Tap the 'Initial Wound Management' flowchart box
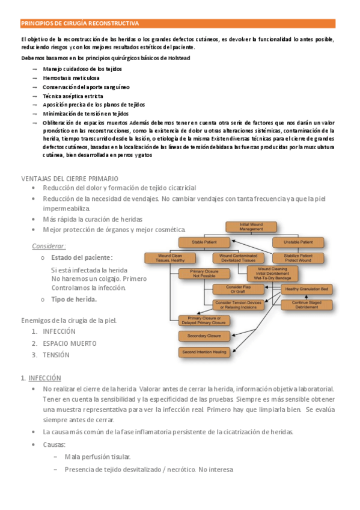click(x=250, y=227)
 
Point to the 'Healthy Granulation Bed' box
click(x=307, y=289)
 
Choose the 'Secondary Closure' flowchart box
click(x=204, y=335)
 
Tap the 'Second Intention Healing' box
click(x=204, y=351)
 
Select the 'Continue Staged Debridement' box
click(x=307, y=305)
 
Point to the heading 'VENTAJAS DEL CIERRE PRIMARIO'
click(x=70, y=179)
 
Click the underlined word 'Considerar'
click(x=49, y=246)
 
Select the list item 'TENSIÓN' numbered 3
click(x=56, y=355)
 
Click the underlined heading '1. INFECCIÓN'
click(x=41, y=378)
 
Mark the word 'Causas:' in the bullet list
click(x=54, y=444)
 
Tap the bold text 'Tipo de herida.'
click(x=74, y=299)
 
